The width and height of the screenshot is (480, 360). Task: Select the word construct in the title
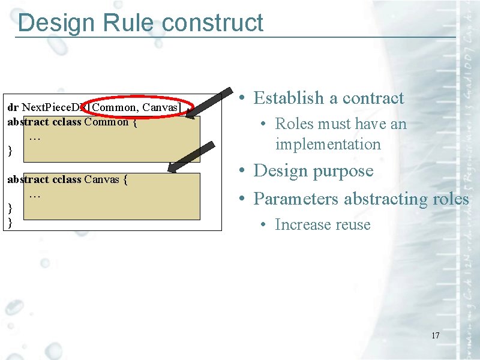pyautogui.click(x=212, y=23)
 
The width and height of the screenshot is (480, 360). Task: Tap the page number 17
pyautogui.click(x=435, y=335)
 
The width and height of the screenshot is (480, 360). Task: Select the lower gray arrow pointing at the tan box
pyautogui.click(x=191, y=158)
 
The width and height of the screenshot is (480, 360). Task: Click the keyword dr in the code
pyautogui.click(x=13, y=107)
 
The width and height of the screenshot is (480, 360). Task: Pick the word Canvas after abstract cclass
pyautogui.click(x=102, y=179)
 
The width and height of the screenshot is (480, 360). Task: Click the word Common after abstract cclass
pyautogui.click(x=106, y=122)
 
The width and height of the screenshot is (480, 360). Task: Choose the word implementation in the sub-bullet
pyautogui.click(x=328, y=145)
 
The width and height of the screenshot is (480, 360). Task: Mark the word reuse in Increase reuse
pyautogui.click(x=354, y=225)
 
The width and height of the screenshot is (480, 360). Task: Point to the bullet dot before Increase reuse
pyautogui.click(x=263, y=226)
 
